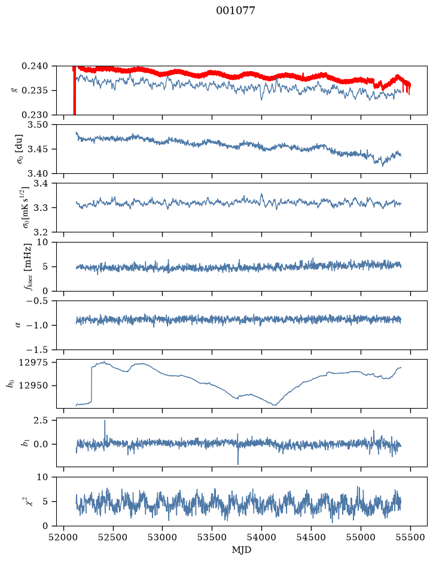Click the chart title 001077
tap(235, 11)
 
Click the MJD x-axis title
tap(242, 550)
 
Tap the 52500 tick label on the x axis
tap(113, 538)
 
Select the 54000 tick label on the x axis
tap(261, 538)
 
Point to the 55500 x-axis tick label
tap(410, 538)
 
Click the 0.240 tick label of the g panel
tap(34, 66)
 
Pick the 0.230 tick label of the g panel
tap(34, 115)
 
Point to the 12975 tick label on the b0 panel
tap(33, 363)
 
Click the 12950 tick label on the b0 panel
tap(33, 385)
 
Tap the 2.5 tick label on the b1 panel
tap(41, 420)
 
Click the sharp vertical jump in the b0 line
tap(92, 384)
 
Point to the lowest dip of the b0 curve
tap(275, 404)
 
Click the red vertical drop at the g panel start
tap(74, 91)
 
